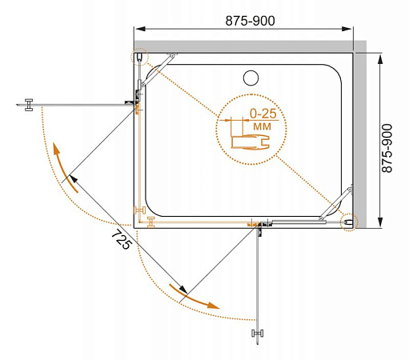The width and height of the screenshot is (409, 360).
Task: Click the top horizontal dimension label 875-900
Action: click(250, 21)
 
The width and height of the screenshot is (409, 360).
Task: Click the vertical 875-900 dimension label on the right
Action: click(387, 148)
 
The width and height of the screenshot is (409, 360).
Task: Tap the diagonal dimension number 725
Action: click(122, 239)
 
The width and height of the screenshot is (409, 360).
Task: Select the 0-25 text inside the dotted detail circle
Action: click(263, 114)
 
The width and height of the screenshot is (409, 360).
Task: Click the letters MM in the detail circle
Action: click(263, 126)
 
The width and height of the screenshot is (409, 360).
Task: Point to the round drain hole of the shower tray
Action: click(251, 78)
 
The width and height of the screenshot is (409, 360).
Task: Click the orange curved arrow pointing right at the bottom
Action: click(194, 297)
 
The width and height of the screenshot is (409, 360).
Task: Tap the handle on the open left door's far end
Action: click(29, 105)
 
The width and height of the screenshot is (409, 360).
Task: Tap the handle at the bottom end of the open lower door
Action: click(258, 334)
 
